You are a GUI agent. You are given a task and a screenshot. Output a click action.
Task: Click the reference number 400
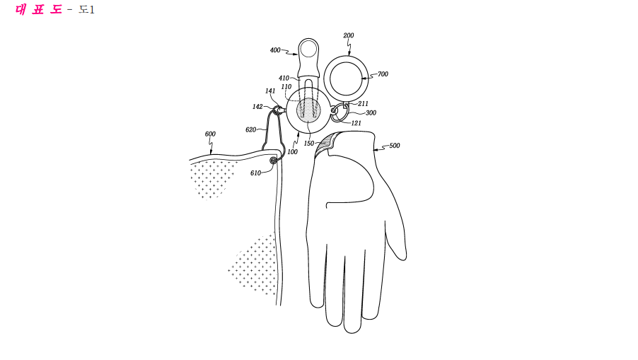275,50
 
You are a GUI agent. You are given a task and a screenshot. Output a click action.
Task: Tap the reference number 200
348,35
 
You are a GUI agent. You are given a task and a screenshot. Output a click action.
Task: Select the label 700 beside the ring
383,74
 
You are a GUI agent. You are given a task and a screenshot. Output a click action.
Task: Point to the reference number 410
284,78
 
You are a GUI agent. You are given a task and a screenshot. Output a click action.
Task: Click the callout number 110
286,87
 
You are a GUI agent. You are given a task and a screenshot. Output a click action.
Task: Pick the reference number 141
270,91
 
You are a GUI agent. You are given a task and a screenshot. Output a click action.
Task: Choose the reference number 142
257,107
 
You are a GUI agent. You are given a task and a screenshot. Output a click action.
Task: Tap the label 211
363,104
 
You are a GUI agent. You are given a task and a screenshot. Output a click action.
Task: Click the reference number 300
371,112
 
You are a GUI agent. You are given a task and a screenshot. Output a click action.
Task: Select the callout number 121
356,123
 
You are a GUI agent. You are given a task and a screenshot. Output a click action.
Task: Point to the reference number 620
250,129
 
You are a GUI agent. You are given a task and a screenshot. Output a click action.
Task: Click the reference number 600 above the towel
210,134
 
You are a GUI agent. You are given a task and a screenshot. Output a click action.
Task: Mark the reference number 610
255,173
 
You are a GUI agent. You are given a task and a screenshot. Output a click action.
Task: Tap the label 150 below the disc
309,143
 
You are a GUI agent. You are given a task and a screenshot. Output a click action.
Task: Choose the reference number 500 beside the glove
394,145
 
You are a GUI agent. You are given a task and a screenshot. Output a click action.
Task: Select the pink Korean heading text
39,9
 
